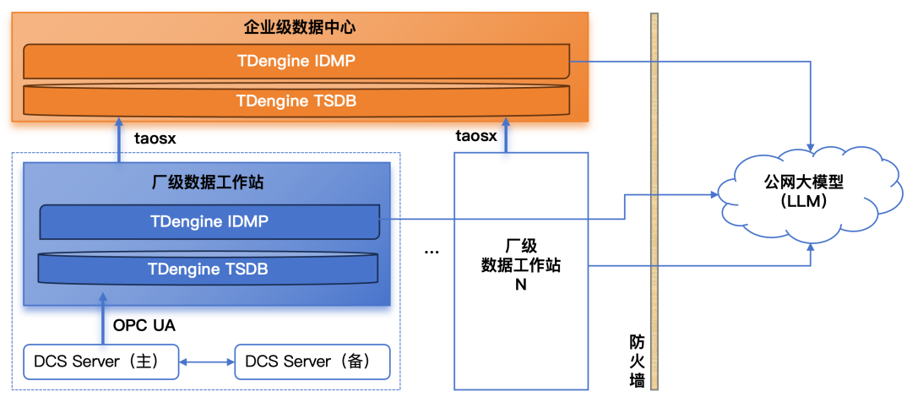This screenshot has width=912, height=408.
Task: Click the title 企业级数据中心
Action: tap(300, 27)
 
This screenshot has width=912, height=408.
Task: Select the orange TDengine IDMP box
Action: tap(296, 61)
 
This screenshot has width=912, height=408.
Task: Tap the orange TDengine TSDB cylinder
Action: tap(296, 101)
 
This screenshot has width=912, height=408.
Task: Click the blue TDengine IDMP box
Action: tap(209, 222)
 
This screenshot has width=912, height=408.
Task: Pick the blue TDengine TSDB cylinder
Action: tap(209, 269)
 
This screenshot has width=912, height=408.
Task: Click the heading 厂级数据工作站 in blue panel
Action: tap(207, 182)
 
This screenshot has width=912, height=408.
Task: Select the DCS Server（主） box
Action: tap(100, 362)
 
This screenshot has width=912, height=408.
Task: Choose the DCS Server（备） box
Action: tap(312, 362)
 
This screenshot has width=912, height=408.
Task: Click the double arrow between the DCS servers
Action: tap(207, 362)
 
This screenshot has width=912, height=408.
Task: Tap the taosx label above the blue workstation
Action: tap(155, 139)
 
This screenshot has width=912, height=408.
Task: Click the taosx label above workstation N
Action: tap(476, 137)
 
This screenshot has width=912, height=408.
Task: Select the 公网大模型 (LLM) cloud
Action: tap(812, 193)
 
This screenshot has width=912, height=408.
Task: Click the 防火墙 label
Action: tap(638, 361)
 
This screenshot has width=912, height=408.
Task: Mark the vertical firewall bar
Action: tap(655, 201)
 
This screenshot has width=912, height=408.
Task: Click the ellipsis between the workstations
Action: tap(432, 252)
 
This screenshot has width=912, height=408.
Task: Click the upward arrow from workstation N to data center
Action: tap(506, 136)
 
